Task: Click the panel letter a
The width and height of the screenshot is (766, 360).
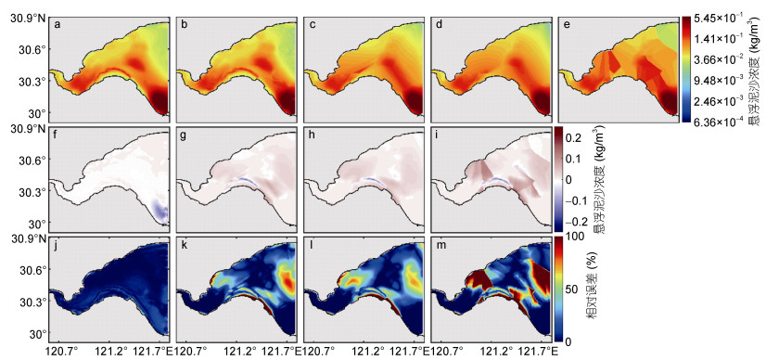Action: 57,25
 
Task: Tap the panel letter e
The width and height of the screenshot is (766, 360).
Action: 567,25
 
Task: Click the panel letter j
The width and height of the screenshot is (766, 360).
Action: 57,245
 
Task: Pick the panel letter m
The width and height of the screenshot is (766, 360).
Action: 440,245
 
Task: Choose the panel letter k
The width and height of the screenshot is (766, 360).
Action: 185,244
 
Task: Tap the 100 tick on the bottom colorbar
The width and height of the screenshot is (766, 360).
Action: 578,238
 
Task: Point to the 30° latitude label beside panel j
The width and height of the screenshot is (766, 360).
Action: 39,334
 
